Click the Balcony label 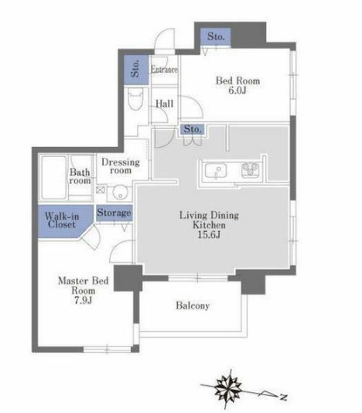193,305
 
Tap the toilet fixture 136,99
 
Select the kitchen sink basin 216,170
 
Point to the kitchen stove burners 250,170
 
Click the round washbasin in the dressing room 121,193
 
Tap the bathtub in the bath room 54,178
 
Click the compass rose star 228,388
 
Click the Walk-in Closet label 62,220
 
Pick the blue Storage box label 114,213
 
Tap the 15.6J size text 209,234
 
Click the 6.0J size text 237,90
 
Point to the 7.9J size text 83,300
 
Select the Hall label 165,104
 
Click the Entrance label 164,70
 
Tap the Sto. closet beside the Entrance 136,70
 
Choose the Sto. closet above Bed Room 216,36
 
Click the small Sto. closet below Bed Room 193,129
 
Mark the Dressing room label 121,166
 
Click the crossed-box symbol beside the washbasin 100,190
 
